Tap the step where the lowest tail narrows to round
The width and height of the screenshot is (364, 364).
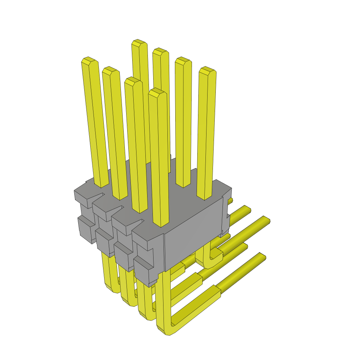[218, 290]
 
